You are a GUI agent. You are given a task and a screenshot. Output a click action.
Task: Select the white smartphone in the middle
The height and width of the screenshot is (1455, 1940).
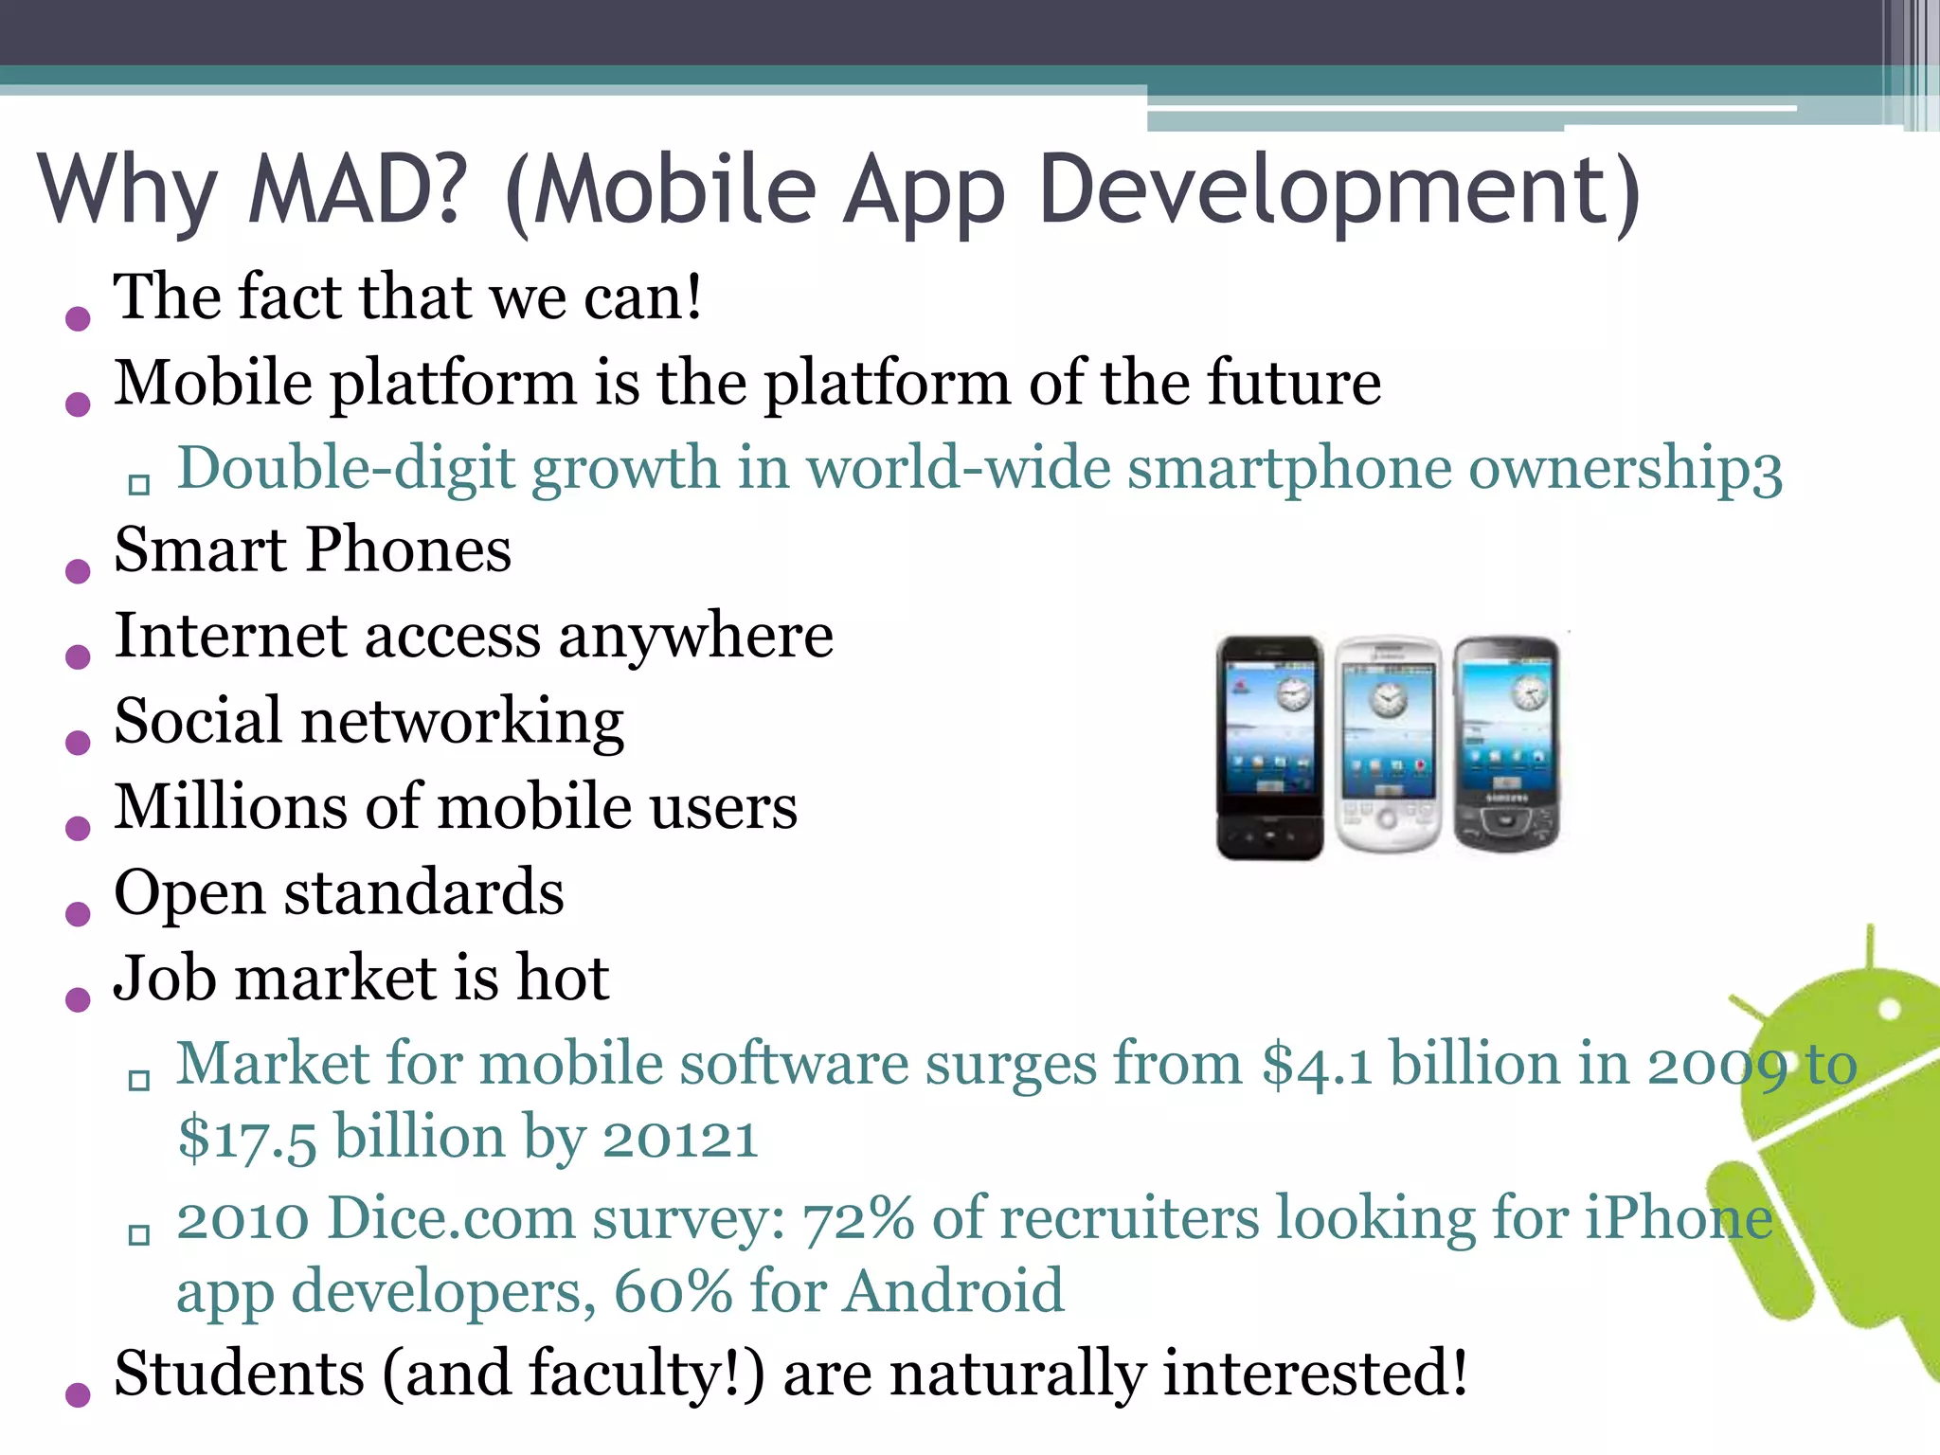(1388, 745)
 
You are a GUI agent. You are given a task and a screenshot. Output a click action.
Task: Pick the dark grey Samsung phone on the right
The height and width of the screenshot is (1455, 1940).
(1506, 745)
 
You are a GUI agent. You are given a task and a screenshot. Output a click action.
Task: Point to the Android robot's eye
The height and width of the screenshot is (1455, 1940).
(1889, 1010)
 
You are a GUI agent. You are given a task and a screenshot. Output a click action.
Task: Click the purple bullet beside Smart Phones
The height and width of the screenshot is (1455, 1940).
(78, 570)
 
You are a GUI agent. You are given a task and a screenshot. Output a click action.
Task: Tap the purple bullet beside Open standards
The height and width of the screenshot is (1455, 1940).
(78, 913)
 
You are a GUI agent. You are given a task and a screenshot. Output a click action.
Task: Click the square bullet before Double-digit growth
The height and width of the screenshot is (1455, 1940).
(139, 485)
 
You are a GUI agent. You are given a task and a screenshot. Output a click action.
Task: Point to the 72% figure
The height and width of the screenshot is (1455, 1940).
(858, 1219)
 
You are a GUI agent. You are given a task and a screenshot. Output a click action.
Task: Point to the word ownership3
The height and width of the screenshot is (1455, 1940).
(1626, 469)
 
